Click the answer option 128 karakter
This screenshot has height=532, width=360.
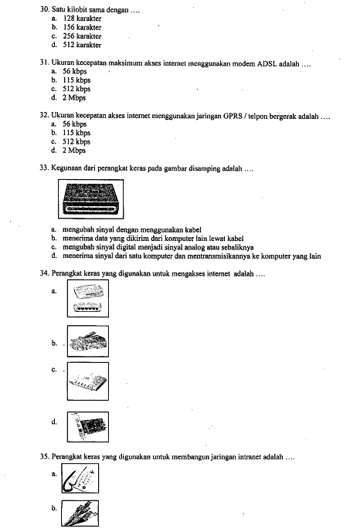pos(82,19)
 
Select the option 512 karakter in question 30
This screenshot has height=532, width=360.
pos(82,45)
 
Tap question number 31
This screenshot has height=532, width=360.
pos(45,63)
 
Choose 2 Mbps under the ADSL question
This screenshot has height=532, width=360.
pos(74,98)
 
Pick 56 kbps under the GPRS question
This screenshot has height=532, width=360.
pos(75,124)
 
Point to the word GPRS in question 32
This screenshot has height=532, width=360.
pos(233,116)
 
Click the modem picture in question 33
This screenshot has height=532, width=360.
pos(91,199)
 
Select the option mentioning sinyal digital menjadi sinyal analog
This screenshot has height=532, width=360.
pos(158,247)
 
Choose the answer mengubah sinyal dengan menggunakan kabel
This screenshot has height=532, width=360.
pos(132,229)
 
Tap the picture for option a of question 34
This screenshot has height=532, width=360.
pos(88,299)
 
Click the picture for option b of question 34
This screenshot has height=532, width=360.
pos(88,341)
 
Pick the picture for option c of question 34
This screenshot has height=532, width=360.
pos(88,381)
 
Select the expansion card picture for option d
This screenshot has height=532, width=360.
pos(88,427)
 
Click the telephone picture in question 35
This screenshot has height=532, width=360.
pos(80,479)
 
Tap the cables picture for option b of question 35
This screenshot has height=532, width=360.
pos(80,513)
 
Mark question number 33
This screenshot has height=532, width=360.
pos(45,168)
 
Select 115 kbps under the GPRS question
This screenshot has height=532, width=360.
pos(76,133)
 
